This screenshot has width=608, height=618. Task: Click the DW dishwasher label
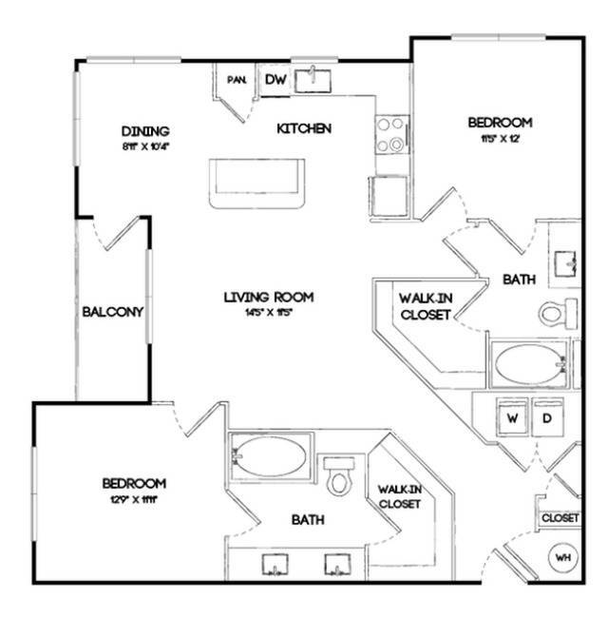click(275, 81)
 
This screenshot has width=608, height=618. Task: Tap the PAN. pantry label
click(237, 81)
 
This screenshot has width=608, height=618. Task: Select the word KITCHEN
click(304, 128)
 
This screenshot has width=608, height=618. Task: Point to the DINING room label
click(144, 130)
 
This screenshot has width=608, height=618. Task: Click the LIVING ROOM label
click(268, 298)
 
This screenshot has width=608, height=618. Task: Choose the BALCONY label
click(112, 312)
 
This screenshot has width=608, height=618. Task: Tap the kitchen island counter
click(257, 183)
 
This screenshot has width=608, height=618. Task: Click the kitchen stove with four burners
click(389, 134)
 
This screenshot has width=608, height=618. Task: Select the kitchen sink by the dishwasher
click(312, 80)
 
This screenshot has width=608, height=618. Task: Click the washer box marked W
click(512, 417)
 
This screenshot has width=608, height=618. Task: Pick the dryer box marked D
click(547, 417)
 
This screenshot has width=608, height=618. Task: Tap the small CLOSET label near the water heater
click(560, 518)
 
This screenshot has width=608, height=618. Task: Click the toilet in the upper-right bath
click(559, 312)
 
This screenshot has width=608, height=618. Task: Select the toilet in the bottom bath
click(338, 478)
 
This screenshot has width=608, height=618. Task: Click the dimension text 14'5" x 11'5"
click(268, 312)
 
